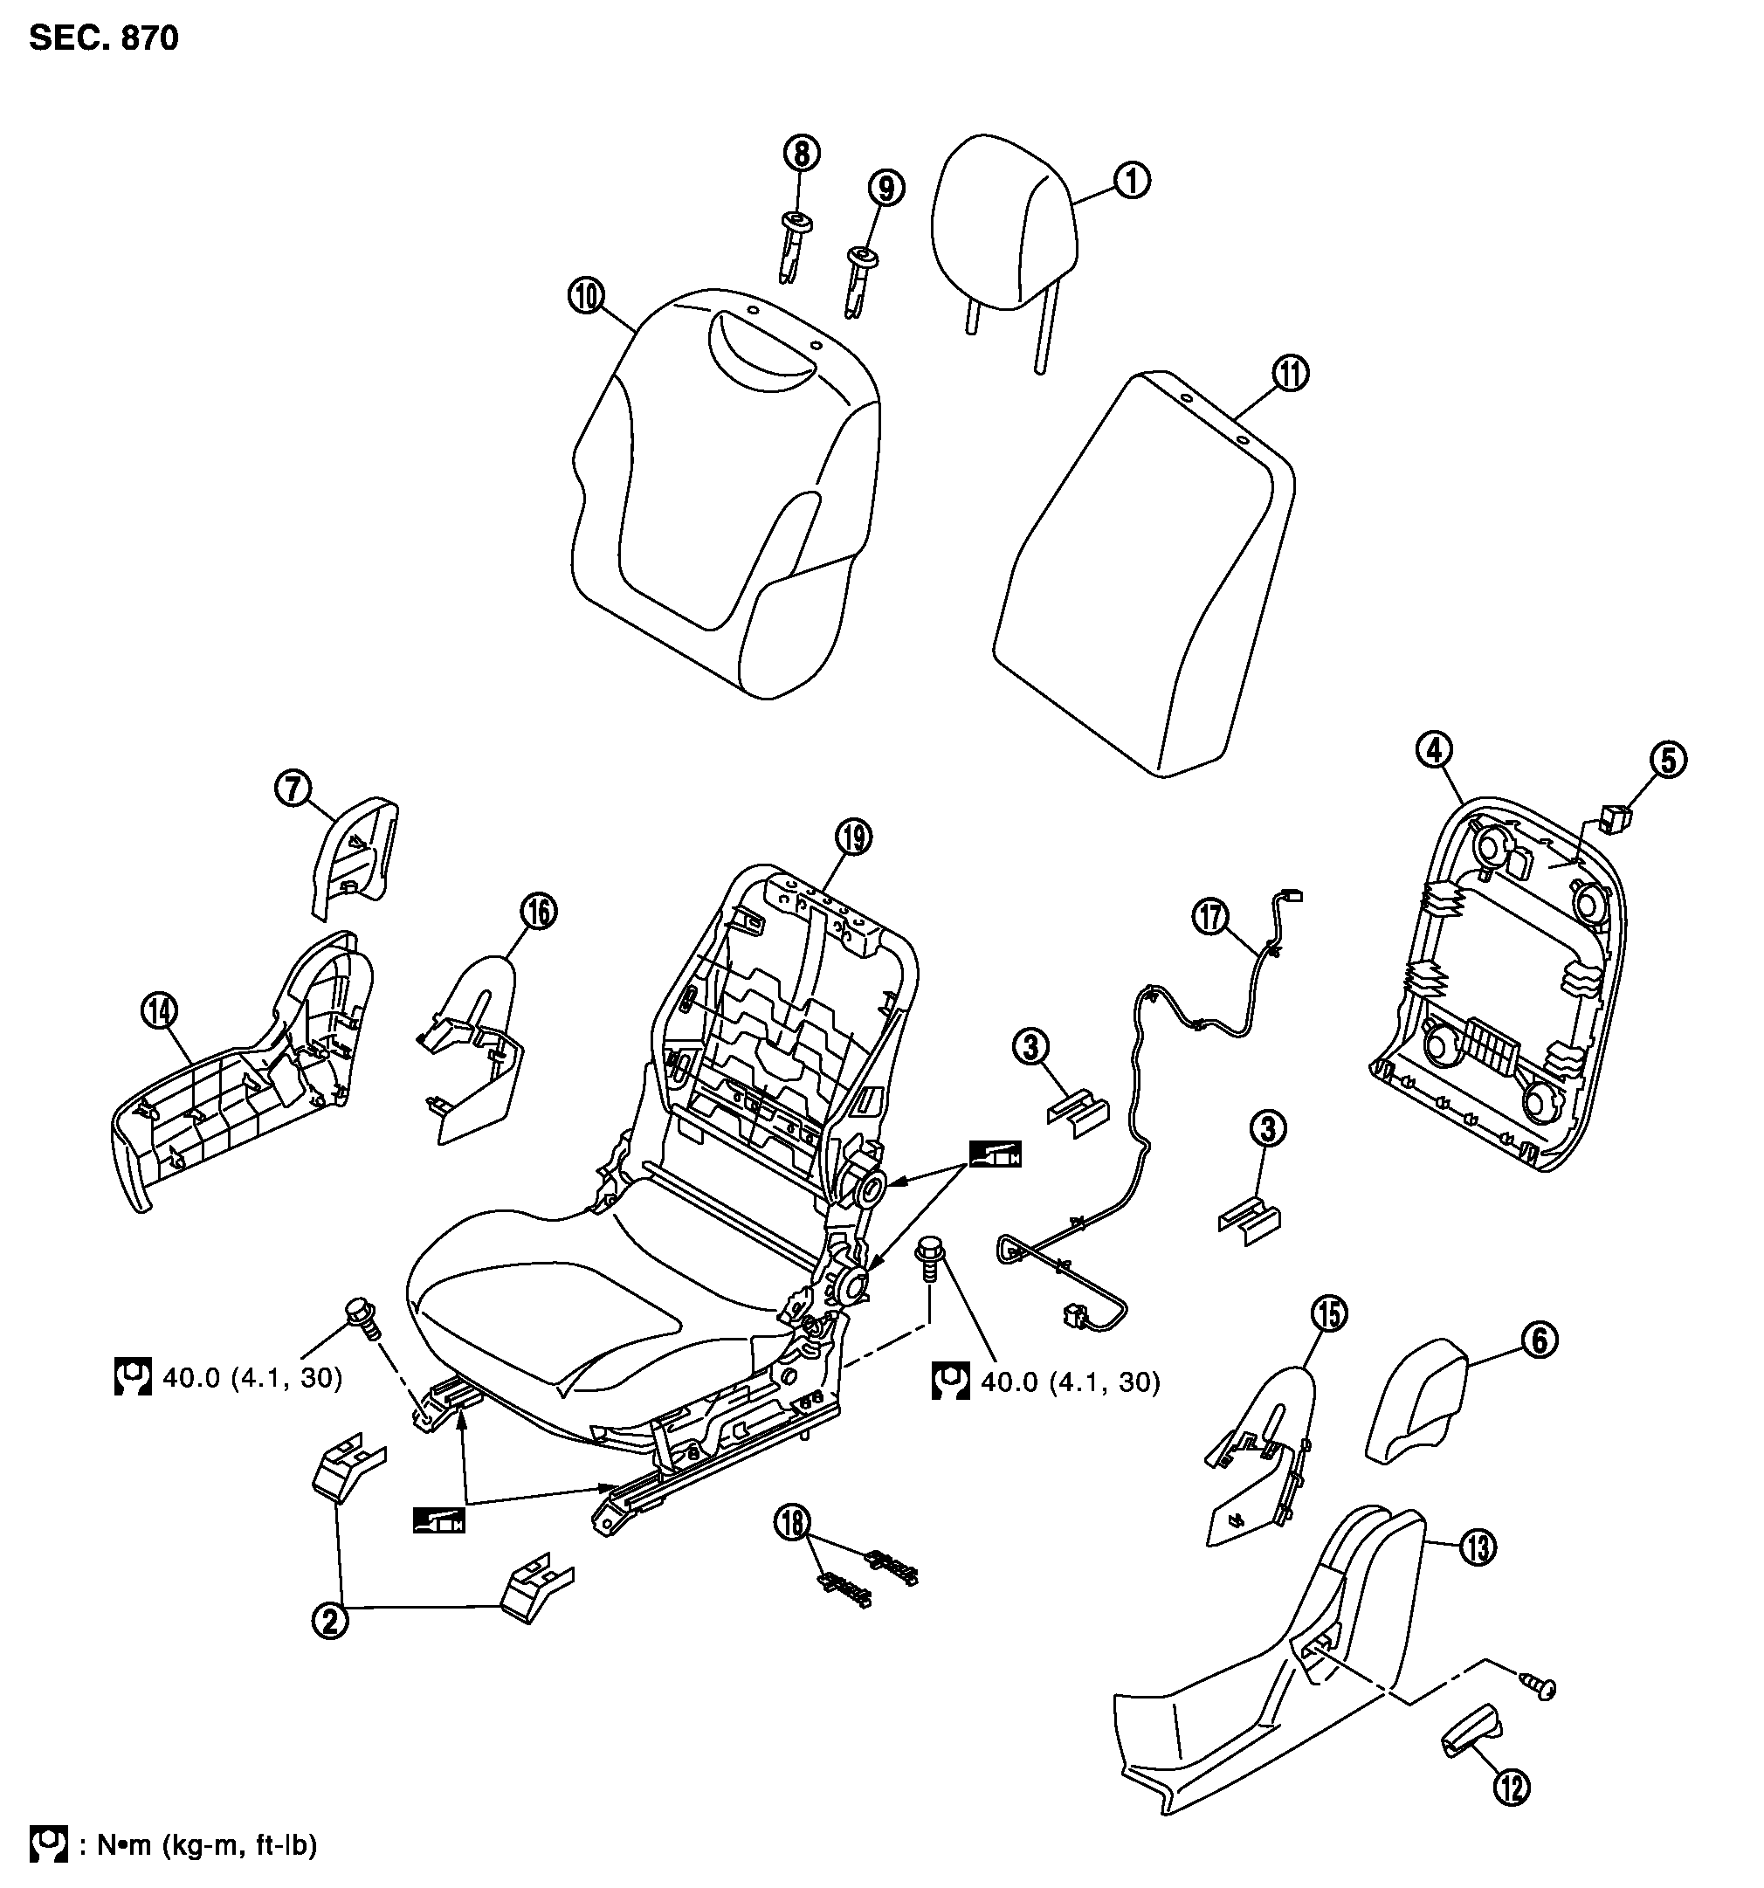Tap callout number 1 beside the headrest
coord(1130,180)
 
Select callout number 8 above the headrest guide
coord(802,152)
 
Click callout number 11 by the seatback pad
coord(1289,373)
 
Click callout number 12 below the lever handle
coord(1512,1788)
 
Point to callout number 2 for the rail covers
coord(329,1620)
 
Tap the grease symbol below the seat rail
coord(438,1520)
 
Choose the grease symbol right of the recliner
coord(995,1153)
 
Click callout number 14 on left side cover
coord(160,1011)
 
